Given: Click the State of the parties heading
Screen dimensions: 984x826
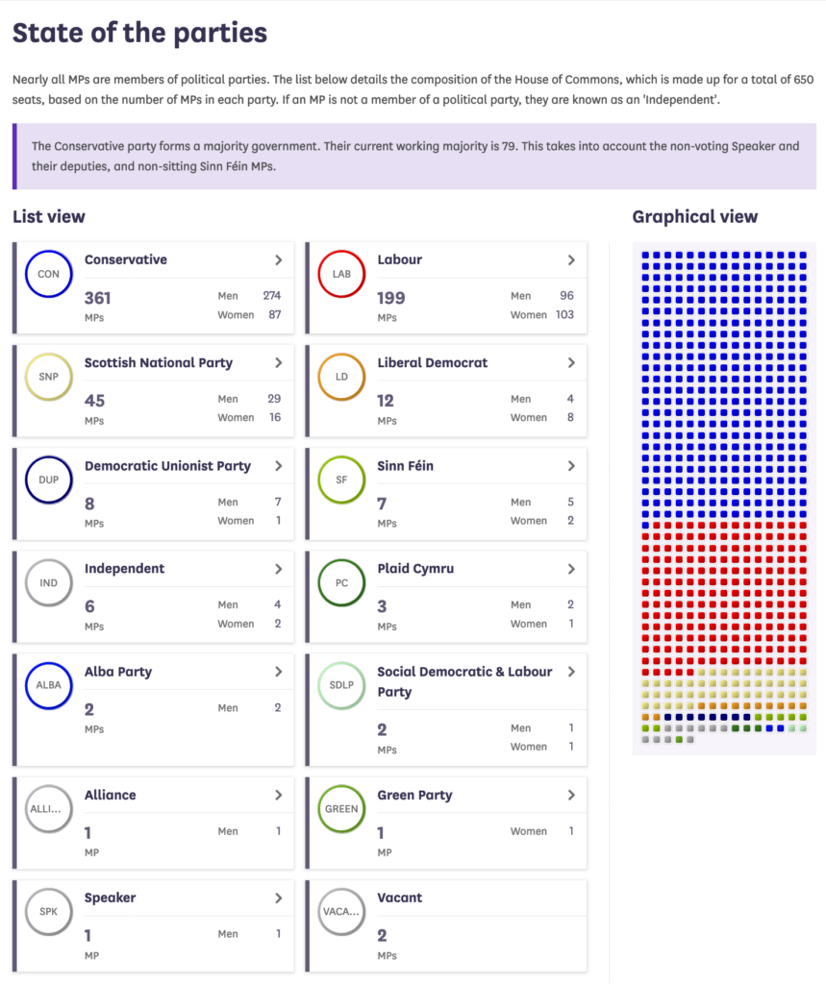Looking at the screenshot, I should click(x=139, y=33).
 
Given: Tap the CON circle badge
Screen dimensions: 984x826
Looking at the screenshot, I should click(x=48, y=274).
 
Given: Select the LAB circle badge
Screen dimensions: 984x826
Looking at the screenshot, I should click(x=341, y=274).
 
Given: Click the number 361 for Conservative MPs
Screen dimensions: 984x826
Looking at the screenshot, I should click(x=98, y=298).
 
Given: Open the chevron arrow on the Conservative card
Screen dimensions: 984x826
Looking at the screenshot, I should click(x=278, y=259).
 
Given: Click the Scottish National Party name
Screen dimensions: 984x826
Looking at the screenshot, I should click(x=159, y=362).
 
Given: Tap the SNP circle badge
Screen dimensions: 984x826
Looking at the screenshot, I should click(x=48, y=377).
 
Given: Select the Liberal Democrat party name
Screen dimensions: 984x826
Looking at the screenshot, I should click(x=432, y=362).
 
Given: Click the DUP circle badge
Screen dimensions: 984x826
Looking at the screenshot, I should click(x=48, y=480).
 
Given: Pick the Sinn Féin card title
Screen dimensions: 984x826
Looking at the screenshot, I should click(x=405, y=465).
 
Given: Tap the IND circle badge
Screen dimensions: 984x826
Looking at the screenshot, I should click(x=48, y=582).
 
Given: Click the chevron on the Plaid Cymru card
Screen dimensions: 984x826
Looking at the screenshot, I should click(x=571, y=569).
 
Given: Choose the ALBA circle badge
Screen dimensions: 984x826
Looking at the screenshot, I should click(x=48, y=685).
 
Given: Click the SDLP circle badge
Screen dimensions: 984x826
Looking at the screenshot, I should click(x=341, y=685).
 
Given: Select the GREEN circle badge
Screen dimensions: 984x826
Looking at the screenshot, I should click(x=341, y=808).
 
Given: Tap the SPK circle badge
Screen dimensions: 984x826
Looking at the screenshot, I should click(x=48, y=911).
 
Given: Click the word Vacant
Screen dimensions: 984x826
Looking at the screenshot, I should click(x=400, y=898).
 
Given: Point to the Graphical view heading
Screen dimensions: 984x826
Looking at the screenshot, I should click(x=695, y=217).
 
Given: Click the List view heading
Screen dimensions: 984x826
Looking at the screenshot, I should click(x=49, y=217).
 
